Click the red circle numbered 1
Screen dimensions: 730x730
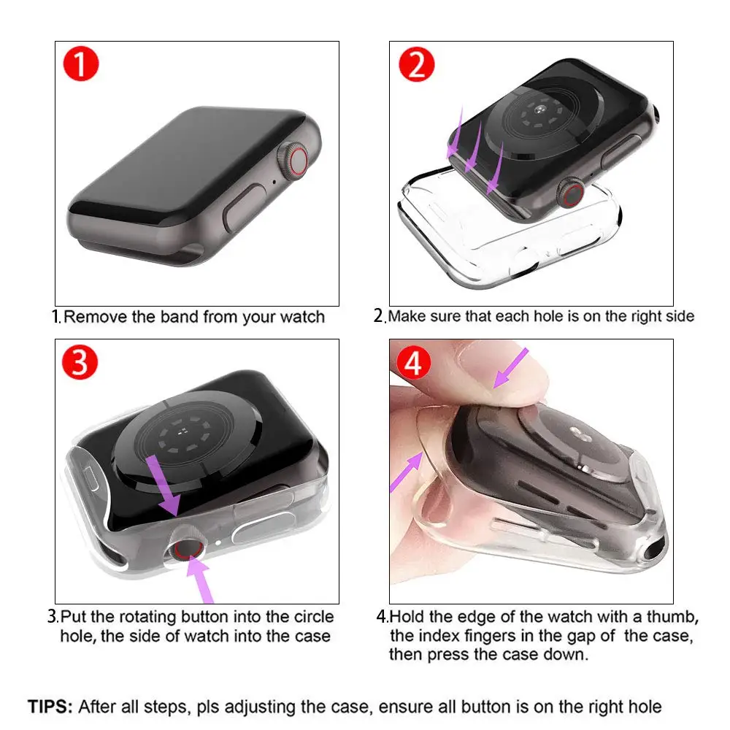pyautogui.click(x=80, y=64)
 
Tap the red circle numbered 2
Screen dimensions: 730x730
pyautogui.click(x=415, y=65)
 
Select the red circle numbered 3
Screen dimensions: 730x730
pyautogui.click(x=80, y=363)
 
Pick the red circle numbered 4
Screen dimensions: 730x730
pyautogui.click(x=413, y=363)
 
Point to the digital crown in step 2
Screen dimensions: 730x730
pyautogui.click(x=569, y=196)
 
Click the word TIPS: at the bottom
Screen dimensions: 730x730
pyautogui.click(x=50, y=707)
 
